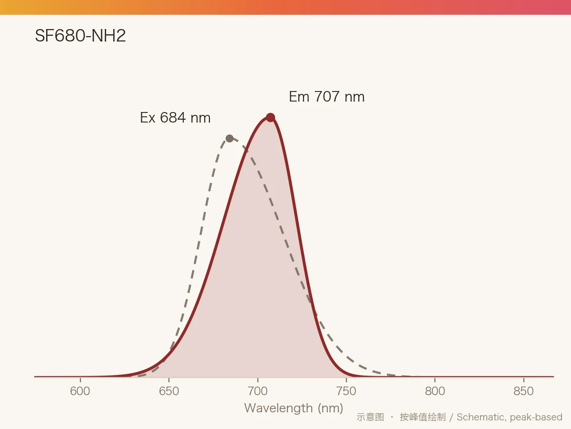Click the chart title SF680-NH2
[x=80, y=36]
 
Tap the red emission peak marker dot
[x=271, y=117]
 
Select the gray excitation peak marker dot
[x=229, y=138]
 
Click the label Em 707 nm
[x=327, y=97]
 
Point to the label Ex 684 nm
[x=175, y=117]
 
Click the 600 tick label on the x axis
[x=80, y=391]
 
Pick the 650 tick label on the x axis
[x=169, y=391]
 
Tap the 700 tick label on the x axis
[x=257, y=391]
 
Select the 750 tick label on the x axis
[x=346, y=391]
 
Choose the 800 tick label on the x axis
[x=435, y=391]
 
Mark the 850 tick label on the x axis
[x=524, y=391]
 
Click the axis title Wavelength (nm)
[x=294, y=408]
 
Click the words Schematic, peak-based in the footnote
[x=510, y=417]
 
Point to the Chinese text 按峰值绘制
[x=423, y=417]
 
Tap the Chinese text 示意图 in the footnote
[x=370, y=417]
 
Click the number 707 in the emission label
[x=327, y=96]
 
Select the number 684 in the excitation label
[x=173, y=117]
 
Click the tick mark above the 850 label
[x=524, y=380]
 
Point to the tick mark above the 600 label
[x=80, y=380]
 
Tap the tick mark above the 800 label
[x=435, y=380]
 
